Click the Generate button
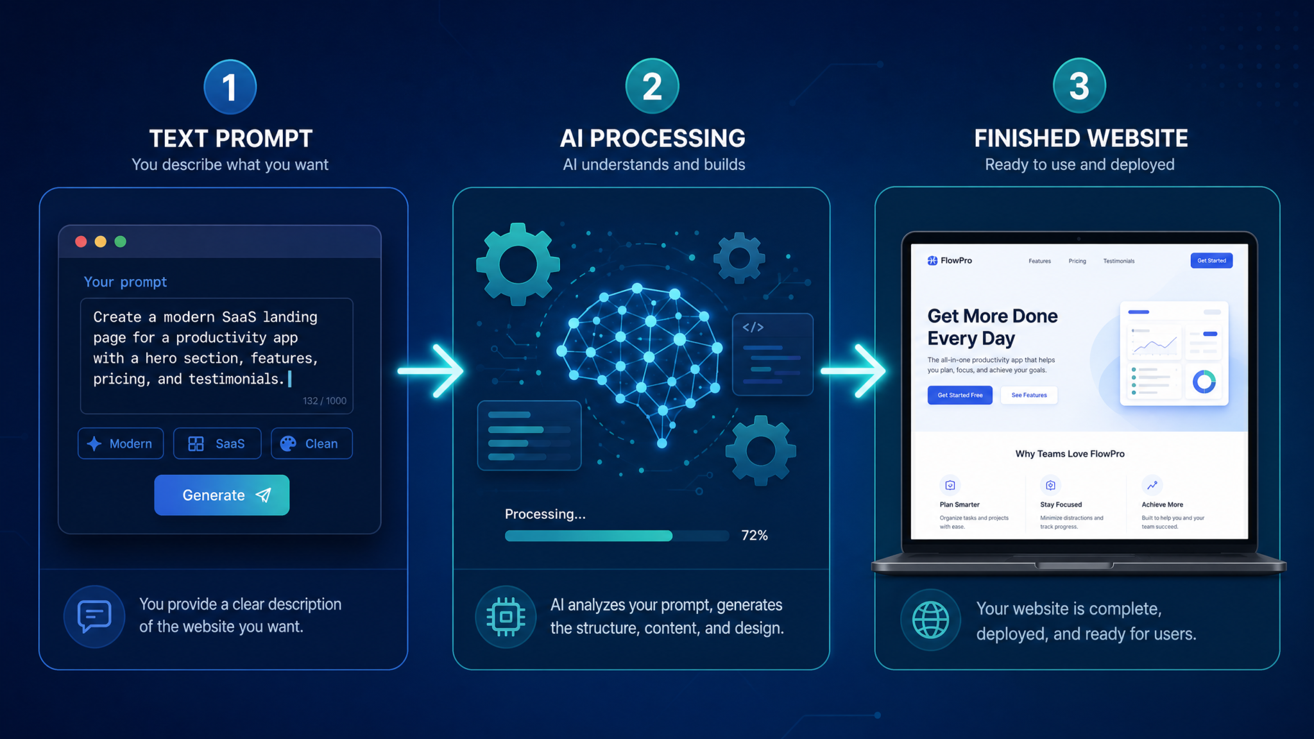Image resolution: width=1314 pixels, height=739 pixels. coord(221,495)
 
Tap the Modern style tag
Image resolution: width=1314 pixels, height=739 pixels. coord(121,443)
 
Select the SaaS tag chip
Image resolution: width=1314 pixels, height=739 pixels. coord(217,443)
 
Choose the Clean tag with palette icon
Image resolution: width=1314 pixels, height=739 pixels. coord(311,443)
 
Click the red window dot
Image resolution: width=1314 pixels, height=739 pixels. coord(81,241)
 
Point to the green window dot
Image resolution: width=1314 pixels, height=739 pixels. coord(120,241)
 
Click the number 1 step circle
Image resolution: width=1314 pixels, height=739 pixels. coord(230,87)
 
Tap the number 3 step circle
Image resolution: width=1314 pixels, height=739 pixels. coord(1079,85)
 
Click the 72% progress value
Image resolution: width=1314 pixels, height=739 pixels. coord(755,535)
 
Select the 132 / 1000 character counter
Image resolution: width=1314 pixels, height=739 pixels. coord(325,401)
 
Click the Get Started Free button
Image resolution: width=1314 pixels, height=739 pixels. coord(960,395)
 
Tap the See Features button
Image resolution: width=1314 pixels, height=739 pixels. coord(1029,395)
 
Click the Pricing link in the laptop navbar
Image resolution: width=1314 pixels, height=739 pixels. coord(1077,261)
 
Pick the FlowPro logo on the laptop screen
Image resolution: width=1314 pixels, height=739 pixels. coord(950,260)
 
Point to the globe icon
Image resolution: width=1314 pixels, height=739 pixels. coord(930,620)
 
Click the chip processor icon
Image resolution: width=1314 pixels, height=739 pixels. coord(506,616)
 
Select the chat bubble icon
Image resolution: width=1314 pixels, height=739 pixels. coord(94,616)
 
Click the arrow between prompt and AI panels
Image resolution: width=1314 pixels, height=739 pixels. coord(431,371)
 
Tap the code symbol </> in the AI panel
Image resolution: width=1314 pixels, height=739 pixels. coord(753,327)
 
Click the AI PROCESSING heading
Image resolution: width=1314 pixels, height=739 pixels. coord(653,138)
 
